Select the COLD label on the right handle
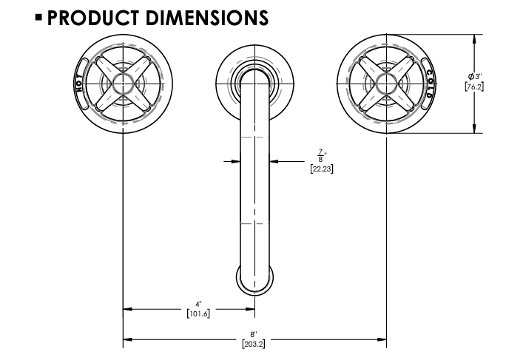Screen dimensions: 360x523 (x=429, y=83)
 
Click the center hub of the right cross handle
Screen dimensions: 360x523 (x=386, y=83)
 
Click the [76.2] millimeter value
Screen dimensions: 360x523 (x=474, y=86)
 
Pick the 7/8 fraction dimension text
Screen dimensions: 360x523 (x=320, y=157)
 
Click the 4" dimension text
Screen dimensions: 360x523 (x=198, y=303)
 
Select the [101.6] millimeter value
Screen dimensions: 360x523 (x=198, y=313)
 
